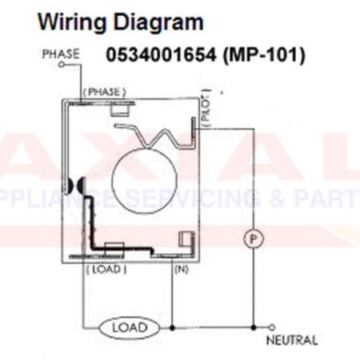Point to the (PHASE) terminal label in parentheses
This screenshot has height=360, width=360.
105,92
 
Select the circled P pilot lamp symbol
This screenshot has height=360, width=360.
254,238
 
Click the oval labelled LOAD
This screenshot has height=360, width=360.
128,327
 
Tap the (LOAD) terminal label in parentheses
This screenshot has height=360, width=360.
105,269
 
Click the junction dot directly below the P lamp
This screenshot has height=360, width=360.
254,327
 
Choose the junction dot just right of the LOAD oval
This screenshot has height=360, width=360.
172,327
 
